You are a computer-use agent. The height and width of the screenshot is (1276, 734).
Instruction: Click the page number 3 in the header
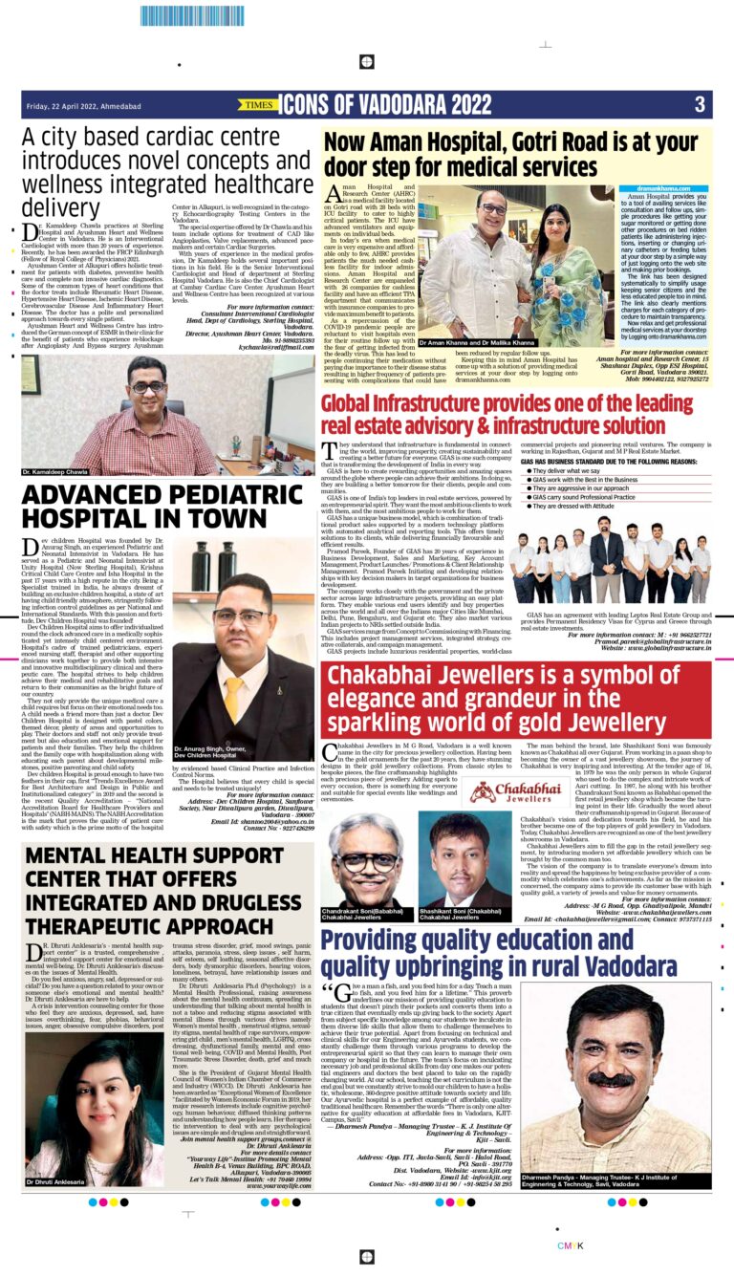point(700,103)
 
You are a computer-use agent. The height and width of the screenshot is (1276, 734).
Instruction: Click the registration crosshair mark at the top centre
point(366,64)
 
